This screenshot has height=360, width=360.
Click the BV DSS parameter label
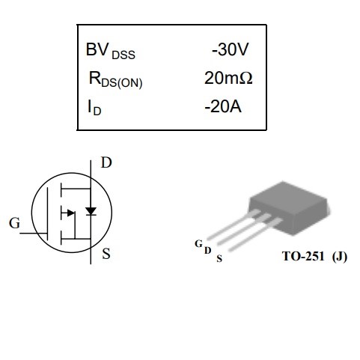click(x=111, y=51)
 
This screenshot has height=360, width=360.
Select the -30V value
click(x=230, y=49)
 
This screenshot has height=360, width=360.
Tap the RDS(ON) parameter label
click(x=115, y=80)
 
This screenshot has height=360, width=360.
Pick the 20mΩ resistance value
click(x=228, y=78)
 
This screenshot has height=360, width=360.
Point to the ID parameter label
click(x=94, y=108)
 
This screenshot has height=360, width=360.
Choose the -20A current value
click(x=223, y=106)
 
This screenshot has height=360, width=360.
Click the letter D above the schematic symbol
click(x=106, y=162)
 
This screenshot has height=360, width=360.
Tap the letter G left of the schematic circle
click(x=14, y=223)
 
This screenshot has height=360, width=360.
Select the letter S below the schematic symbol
click(x=106, y=254)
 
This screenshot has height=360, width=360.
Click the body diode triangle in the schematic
click(x=91, y=211)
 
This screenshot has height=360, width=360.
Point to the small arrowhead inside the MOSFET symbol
click(x=71, y=213)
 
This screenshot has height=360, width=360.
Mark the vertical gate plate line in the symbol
click(x=47, y=214)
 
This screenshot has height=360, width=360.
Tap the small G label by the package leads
click(x=198, y=243)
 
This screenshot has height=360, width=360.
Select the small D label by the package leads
click(x=208, y=250)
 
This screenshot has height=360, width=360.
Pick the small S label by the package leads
click(x=219, y=258)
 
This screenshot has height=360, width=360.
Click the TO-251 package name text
click(x=303, y=256)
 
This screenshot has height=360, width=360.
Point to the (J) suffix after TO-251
click(x=340, y=257)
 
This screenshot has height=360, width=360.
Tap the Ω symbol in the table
click(x=245, y=78)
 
